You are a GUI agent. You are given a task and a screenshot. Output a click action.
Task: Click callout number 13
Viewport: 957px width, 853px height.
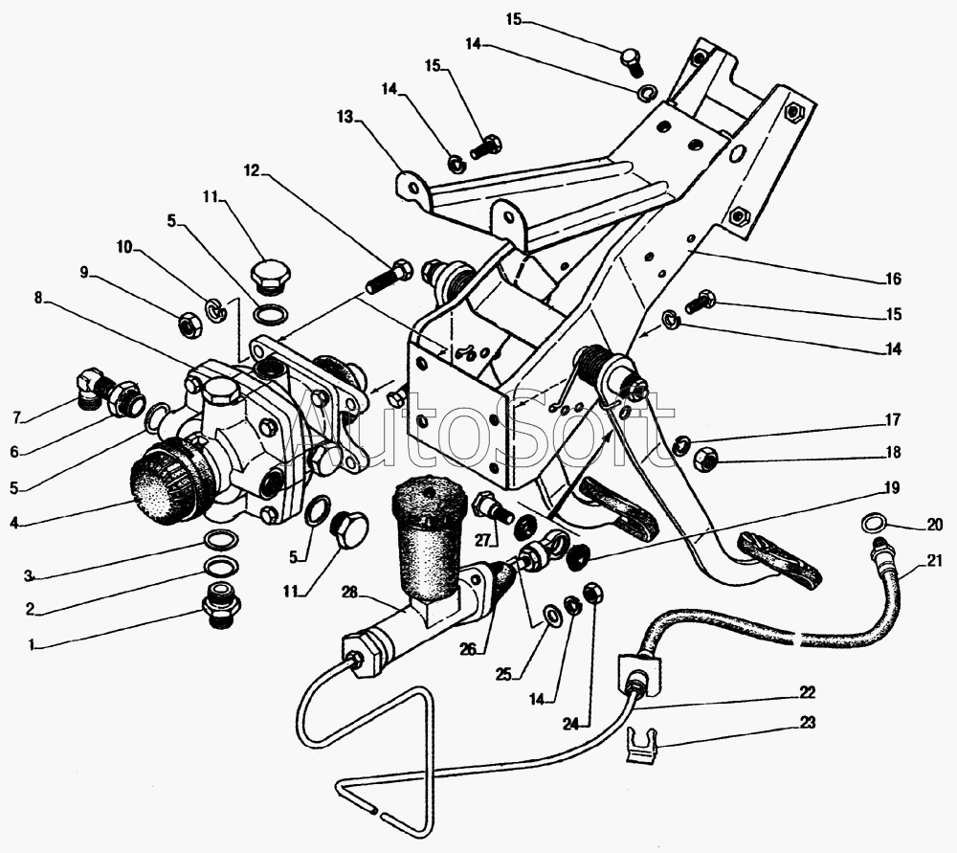[x=345, y=116]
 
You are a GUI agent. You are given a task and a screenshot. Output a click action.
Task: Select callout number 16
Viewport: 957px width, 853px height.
[x=893, y=279]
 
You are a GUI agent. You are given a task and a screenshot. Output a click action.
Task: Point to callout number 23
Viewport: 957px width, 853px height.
[x=807, y=723]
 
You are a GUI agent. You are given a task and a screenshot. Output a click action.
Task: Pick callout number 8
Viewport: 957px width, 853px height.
[x=38, y=298]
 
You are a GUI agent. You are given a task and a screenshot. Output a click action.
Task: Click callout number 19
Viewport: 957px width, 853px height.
[x=892, y=488]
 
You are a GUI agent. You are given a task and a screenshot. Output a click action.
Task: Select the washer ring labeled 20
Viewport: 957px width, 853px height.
[x=874, y=523]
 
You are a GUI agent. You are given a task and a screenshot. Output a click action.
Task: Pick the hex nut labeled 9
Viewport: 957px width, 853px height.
[x=188, y=324]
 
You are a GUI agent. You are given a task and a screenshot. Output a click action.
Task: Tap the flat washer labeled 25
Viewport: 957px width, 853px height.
[x=550, y=614]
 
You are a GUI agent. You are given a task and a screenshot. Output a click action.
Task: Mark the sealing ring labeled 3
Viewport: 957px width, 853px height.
[x=220, y=539]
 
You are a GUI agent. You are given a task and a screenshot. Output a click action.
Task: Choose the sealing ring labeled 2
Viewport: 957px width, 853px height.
[x=220, y=566]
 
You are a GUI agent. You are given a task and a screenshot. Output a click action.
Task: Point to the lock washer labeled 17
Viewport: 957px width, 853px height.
[x=681, y=445]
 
